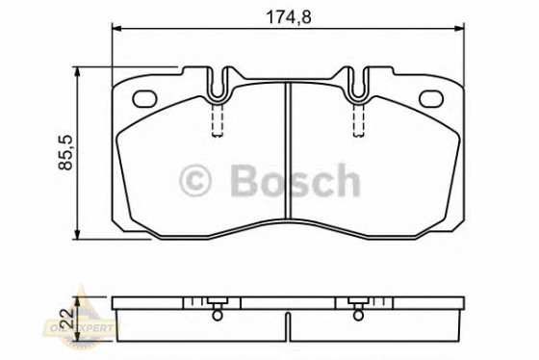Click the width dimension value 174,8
tap(287, 14)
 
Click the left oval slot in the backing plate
tap(147, 97)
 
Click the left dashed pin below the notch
tap(218, 119)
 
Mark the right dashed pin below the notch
tap(358, 119)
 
